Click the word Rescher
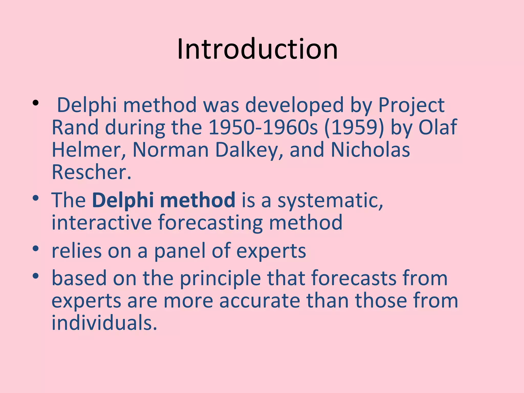tap(91, 172)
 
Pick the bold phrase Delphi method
tap(163, 200)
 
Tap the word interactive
tap(102, 222)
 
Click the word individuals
tap(104, 323)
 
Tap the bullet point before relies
tap(36, 248)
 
